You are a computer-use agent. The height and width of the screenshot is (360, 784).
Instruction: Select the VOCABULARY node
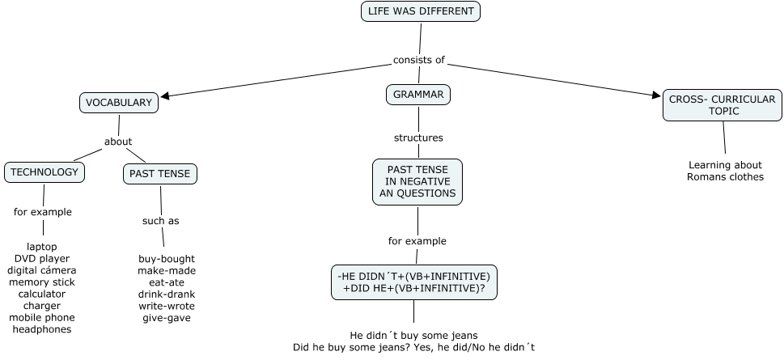[x=119, y=103]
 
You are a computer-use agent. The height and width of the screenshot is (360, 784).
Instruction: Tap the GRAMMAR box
[x=417, y=95]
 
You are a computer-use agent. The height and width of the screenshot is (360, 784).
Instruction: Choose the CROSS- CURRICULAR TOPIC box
[x=723, y=105]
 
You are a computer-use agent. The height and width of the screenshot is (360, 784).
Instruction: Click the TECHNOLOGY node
[x=44, y=172]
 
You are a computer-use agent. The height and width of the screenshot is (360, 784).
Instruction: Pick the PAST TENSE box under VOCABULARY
[x=160, y=173]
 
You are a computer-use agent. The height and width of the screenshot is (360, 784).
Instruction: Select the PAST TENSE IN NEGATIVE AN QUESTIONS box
[x=417, y=182]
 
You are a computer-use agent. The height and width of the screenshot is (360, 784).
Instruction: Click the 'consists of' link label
[x=419, y=60]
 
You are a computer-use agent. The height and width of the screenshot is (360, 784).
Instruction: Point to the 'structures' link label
[x=418, y=138]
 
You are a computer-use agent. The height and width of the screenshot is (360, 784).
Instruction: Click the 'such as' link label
[x=160, y=221]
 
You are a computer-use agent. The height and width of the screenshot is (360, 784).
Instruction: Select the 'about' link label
[x=118, y=142]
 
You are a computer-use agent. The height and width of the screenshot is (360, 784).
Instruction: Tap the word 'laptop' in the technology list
[x=42, y=247]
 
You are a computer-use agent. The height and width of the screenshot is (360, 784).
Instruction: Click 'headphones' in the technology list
[x=42, y=329]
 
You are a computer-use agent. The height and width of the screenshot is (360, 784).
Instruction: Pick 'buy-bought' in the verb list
[x=166, y=259]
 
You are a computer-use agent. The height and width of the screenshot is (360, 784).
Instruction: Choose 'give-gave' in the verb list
[x=166, y=318]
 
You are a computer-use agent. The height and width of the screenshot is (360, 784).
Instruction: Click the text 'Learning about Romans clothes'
[x=725, y=171]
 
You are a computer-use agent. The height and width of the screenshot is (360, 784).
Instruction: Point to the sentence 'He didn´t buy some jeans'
[x=413, y=335]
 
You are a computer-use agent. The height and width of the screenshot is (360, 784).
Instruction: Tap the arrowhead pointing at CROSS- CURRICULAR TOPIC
[x=656, y=95]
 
